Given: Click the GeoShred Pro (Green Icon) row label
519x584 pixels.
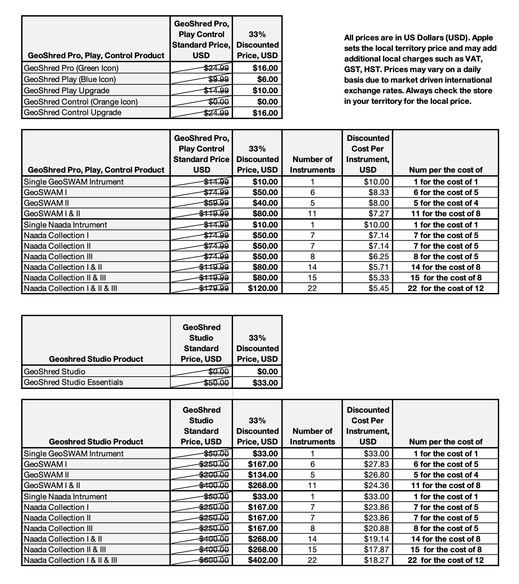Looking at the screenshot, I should click(x=71, y=68).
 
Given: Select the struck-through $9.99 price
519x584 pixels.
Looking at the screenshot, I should click(x=218, y=79).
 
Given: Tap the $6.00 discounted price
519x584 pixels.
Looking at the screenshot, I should click(x=267, y=79).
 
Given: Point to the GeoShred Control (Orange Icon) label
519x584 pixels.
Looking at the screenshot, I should click(x=81, y=102).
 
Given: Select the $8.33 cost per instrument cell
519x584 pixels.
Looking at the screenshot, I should click(x=379, y=192).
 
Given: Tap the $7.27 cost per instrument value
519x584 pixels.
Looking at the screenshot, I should click(x=379, y=214).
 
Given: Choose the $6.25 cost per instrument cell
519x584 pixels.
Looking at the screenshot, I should click(x=379, y=257).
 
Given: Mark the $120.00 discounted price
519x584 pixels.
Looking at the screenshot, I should click(x=263, y=288).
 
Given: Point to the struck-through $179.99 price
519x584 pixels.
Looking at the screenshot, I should click(x=214, y=288).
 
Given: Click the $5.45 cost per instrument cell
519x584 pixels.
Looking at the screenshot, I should click(x=379, y=288).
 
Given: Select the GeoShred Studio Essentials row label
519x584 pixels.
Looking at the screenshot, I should click(x=73, y=382).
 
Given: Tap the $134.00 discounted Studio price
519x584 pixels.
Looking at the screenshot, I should click(x=263, y=475).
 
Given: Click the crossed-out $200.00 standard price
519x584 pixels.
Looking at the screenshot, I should click(x=214, y=475).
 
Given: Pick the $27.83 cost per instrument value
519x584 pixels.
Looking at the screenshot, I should click(x=376, y=464).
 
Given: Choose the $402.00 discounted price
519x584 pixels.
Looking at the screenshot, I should click(x=263, y=560).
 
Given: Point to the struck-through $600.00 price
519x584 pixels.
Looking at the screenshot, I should click(x=214, y=560).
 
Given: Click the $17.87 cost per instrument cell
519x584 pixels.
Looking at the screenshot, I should click(x=376, y=550).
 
